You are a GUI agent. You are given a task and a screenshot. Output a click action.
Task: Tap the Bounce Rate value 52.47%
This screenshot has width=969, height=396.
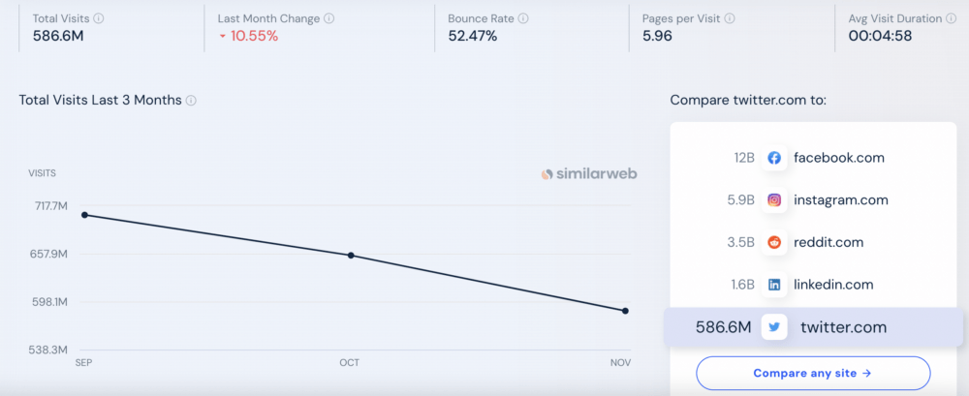coord(473,37)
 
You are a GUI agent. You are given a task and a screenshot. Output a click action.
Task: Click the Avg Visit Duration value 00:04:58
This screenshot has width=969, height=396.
coord(881,37)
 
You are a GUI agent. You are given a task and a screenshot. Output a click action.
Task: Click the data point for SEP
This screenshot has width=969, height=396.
coord(84,215)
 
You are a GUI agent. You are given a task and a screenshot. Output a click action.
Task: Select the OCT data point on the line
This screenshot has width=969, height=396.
coord(350,256)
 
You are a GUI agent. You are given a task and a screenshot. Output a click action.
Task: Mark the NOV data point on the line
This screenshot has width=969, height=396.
coord(625,311)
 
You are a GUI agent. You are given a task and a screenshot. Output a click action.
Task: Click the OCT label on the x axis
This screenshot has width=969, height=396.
coord(349,363)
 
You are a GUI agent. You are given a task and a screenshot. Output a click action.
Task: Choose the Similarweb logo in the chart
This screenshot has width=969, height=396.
coord(589,174)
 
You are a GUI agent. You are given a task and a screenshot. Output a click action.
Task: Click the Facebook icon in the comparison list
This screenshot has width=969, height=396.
coord(774,158)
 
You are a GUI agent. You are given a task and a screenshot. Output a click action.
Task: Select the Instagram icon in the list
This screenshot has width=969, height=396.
coord(774,200)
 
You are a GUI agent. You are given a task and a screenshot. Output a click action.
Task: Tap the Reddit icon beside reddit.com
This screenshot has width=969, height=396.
coord(774,242)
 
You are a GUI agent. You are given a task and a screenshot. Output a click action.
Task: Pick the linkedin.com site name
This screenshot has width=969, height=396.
coord(833,285)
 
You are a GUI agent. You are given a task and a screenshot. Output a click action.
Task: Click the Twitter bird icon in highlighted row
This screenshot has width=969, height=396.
coord(774,327)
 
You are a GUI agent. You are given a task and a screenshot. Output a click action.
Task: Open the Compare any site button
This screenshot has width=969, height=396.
coord(812,373)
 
